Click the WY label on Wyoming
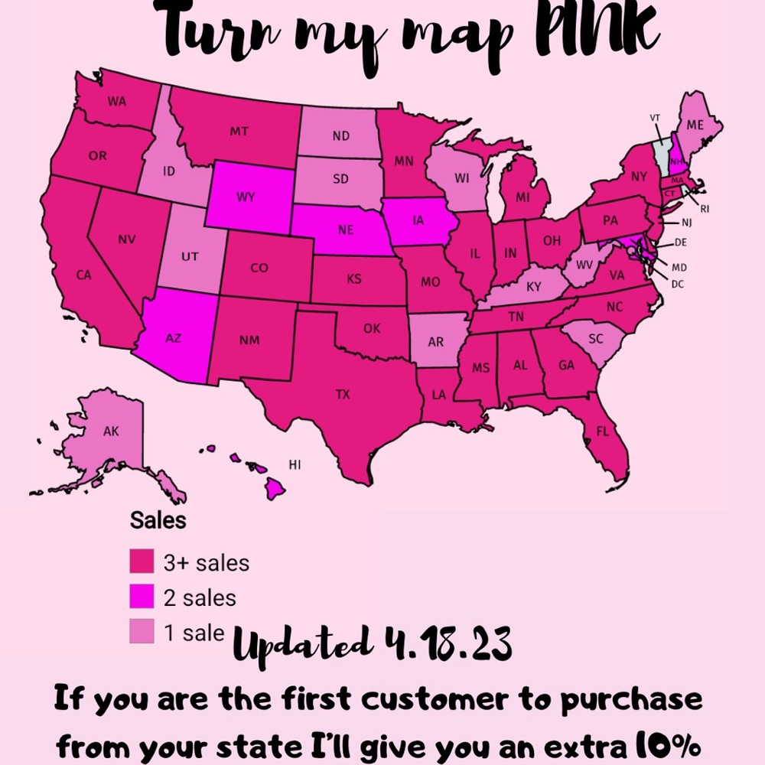(246, 197)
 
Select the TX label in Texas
(343, 395)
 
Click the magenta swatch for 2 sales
(142, 597)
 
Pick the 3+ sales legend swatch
(142, 562)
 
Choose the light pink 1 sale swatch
(142, 632)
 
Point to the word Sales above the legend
(158, 521)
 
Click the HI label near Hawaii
(295, 464)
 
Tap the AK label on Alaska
(112, 431)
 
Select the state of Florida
(604, 436)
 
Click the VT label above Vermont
(655, 118)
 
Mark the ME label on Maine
(695, 125)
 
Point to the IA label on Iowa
(418, 220)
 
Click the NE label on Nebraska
(345, 229)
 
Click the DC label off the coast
(678, 284)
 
